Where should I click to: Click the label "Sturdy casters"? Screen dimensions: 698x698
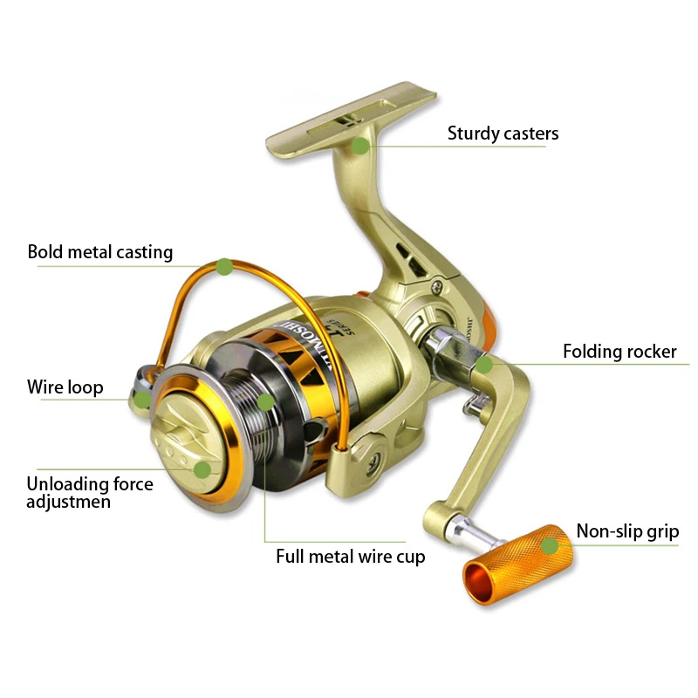[x=503, y=133]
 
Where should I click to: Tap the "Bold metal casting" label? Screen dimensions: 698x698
[x=100, y=252]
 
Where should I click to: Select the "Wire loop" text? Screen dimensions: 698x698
[x=65, y=387]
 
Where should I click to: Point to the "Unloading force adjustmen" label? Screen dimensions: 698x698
[x=90, y=493]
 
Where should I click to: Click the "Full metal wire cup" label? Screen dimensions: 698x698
[x=351, y=556]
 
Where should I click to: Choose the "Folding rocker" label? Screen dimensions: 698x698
[x=619, y=352]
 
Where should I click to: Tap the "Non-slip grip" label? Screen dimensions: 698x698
[x=627, y=531]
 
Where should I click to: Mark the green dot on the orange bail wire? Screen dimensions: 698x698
[x=224, y=267]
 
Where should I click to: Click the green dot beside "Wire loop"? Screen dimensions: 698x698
[x=142, y=400]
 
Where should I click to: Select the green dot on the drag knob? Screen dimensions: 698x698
[x=202, y=469]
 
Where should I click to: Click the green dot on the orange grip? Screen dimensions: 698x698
[x=549, y=546]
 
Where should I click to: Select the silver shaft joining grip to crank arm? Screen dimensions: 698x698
[x=462, y=529]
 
